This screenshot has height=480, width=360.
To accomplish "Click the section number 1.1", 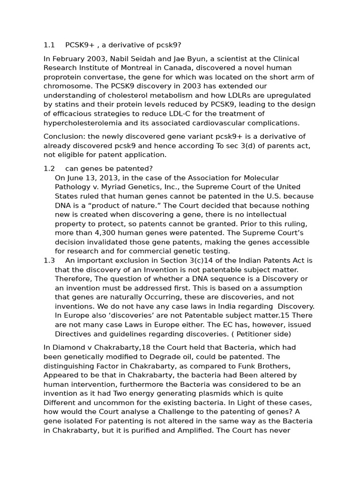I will coord(49,45).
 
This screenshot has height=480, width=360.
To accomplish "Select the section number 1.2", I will coord(49,169).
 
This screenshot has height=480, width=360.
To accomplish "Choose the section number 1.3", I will coord(49,260).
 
